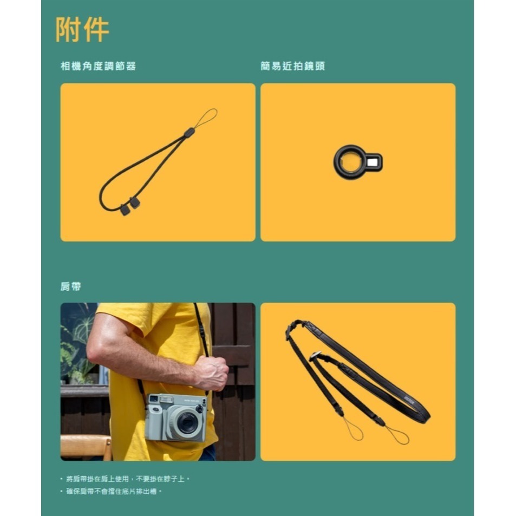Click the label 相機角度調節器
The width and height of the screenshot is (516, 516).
[x=98, y=66]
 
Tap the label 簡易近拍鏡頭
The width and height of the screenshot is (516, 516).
[x=292, y=66]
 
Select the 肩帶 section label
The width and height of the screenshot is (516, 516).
[x=70, y=286]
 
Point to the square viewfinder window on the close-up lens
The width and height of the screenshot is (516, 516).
[x=373, y=161]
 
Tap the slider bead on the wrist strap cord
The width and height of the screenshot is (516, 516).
[x=189, y=133]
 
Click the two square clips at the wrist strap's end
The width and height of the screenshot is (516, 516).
[x=130, y=206]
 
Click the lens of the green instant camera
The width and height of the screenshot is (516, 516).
[x=187, y=422]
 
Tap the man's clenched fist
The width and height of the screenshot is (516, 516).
[x=212, y=373]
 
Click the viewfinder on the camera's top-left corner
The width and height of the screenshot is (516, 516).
[x=154, y=399]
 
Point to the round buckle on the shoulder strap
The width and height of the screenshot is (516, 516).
[x=316, y=355]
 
